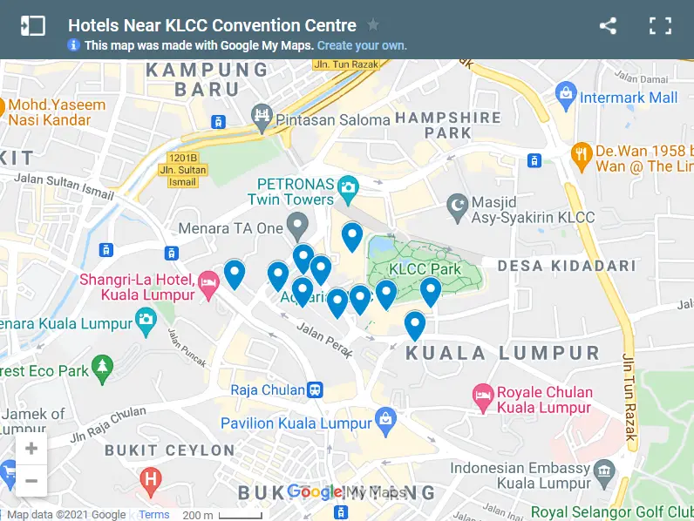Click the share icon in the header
[x=608, y=26]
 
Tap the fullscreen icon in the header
[x=660, y=26]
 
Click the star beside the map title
[x=373, y=25]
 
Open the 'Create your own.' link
[x=362, y=45]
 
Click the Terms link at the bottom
[x=154, y=515]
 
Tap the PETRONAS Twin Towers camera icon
[x=348, y=186]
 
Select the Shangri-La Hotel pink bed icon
[x=208, y=281]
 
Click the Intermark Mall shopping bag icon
[x=567, y=92]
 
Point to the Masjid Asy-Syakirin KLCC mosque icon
[x=455, y=206]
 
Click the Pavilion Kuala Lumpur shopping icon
[x=385, y=423]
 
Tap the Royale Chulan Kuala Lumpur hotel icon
[x=482, y=397]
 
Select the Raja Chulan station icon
[x=316, y=389]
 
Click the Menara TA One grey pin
[x=298, y=227]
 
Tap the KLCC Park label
[x=425, y=269]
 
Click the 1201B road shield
[x=180, y=158]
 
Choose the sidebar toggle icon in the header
[x=32, y=26]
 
